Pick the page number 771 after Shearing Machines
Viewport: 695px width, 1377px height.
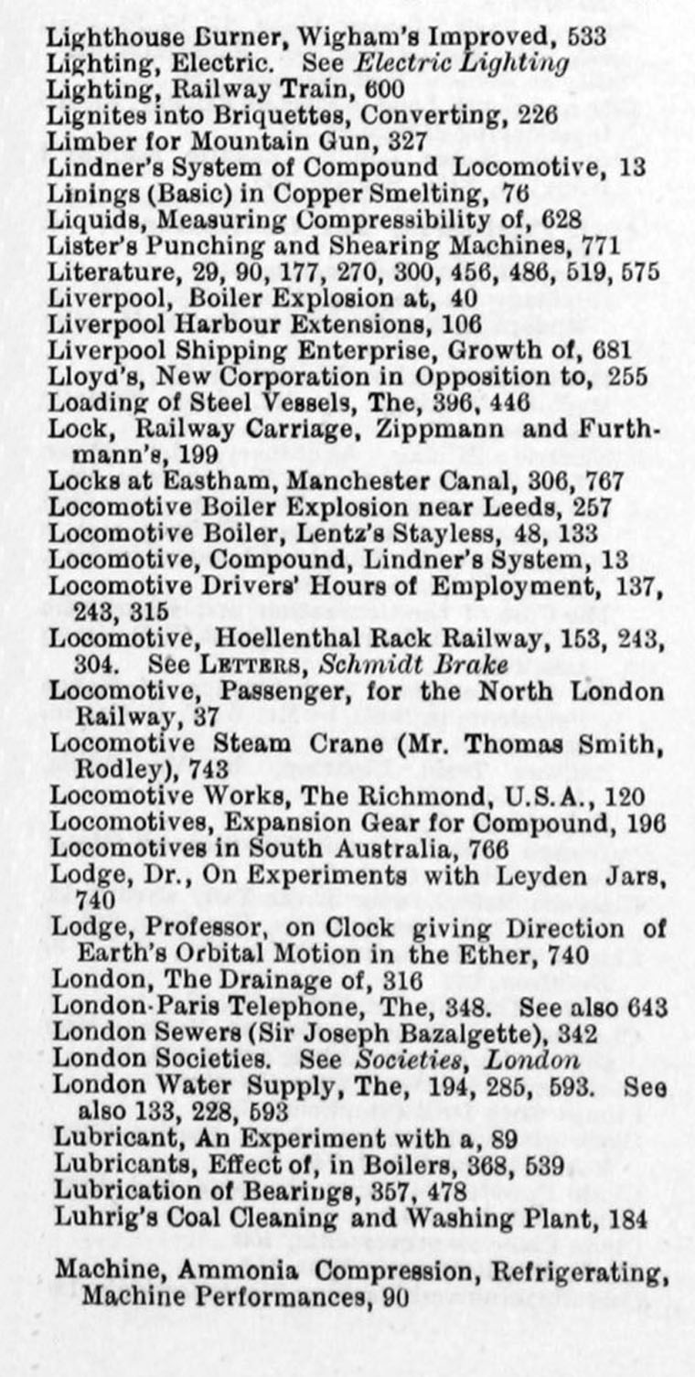click(601, 246)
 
